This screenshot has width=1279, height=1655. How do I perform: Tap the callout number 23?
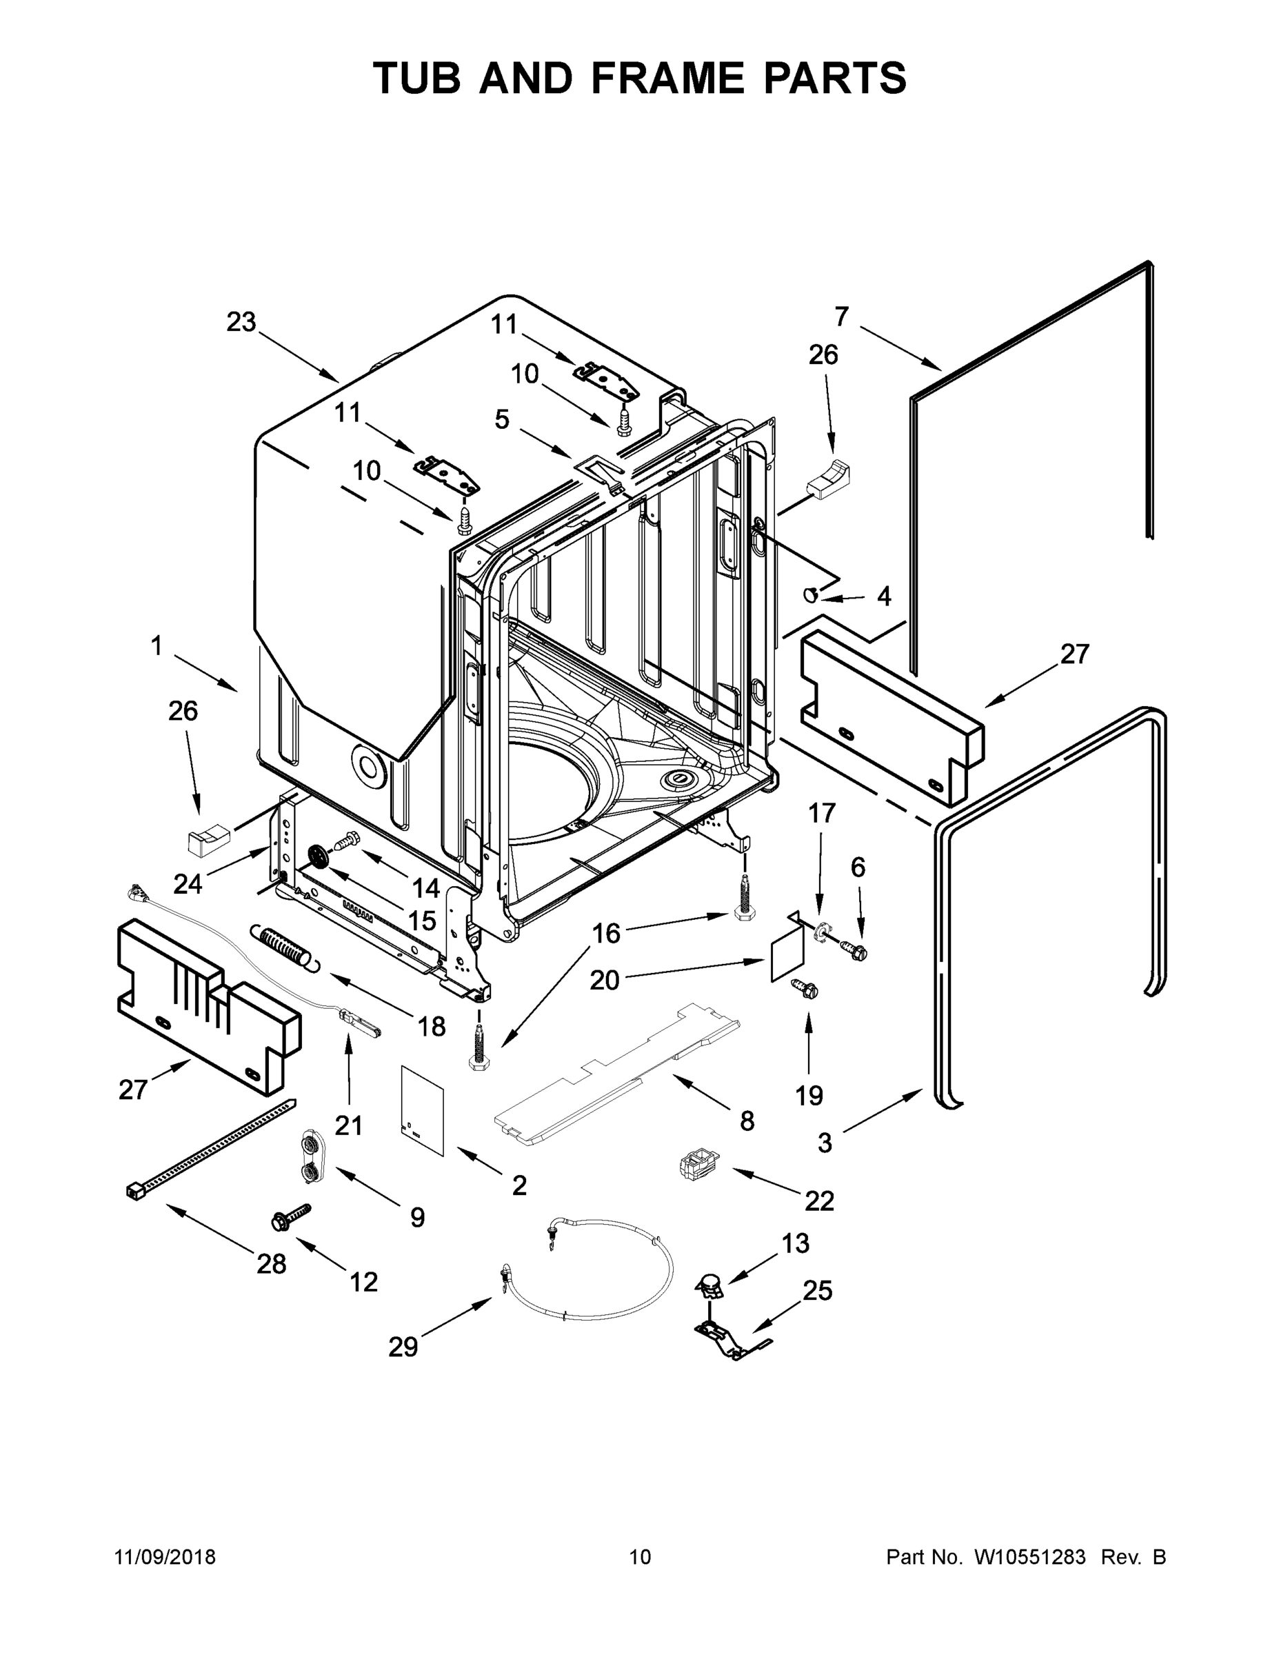[x=241, y=322]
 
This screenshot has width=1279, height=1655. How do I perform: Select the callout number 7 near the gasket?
[x=842, y=315]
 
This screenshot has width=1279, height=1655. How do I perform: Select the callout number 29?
[x=403, y=1347]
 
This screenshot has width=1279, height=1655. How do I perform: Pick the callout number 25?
[x=818, y=1290]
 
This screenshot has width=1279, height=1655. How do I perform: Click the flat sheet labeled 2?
[x=422, y=1110]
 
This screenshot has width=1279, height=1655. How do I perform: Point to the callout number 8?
[x=747, y=1121]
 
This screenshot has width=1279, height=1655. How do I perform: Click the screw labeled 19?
[x=803, y=988]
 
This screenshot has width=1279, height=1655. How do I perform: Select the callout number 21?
[x=349, y=1125]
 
